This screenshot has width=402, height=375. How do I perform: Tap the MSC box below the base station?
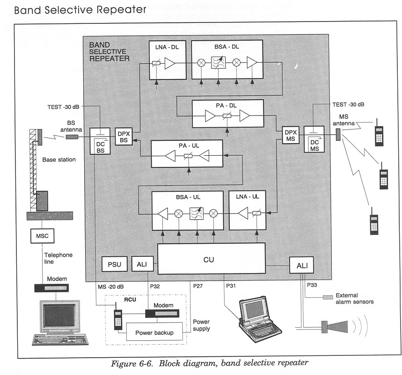tap(43, 236)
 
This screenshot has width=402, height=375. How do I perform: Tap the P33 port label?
tap(313, 284)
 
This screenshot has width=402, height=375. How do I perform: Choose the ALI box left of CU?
tap(142, 265)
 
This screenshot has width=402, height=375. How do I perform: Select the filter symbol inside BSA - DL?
tap(219, 63)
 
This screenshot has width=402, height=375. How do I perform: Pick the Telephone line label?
tap(58, 259)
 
